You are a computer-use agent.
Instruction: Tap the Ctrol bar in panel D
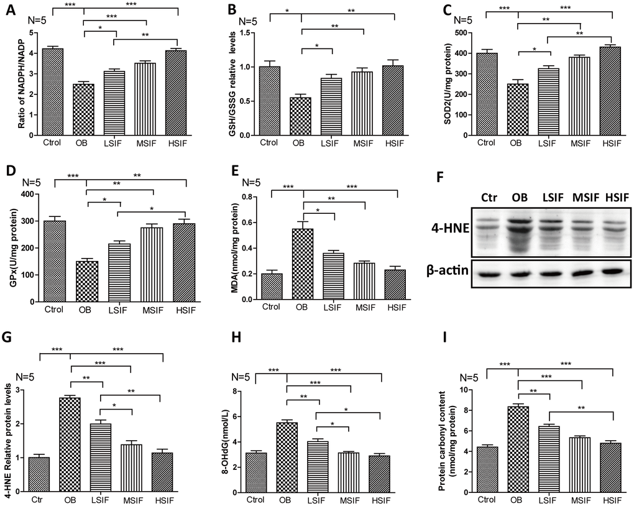pos(54,260)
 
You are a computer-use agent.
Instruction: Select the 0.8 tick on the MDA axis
pos(254,197)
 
